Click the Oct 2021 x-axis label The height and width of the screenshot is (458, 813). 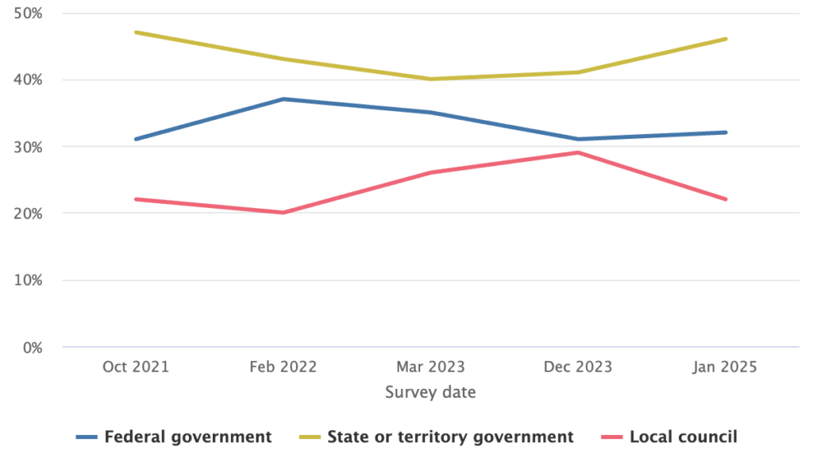136,367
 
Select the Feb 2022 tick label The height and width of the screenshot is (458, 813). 283,367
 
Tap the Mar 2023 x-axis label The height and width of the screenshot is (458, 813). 431,367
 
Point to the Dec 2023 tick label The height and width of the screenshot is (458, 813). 578,367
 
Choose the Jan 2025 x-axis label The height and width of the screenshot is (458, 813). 725,367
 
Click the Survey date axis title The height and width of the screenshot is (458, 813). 430,392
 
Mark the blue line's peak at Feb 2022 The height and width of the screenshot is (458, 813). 283,99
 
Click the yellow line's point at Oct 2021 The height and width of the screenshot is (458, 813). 136,33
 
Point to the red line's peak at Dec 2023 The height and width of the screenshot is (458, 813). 578,152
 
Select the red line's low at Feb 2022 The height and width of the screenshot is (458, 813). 283,213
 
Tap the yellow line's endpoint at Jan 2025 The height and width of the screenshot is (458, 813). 726,39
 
